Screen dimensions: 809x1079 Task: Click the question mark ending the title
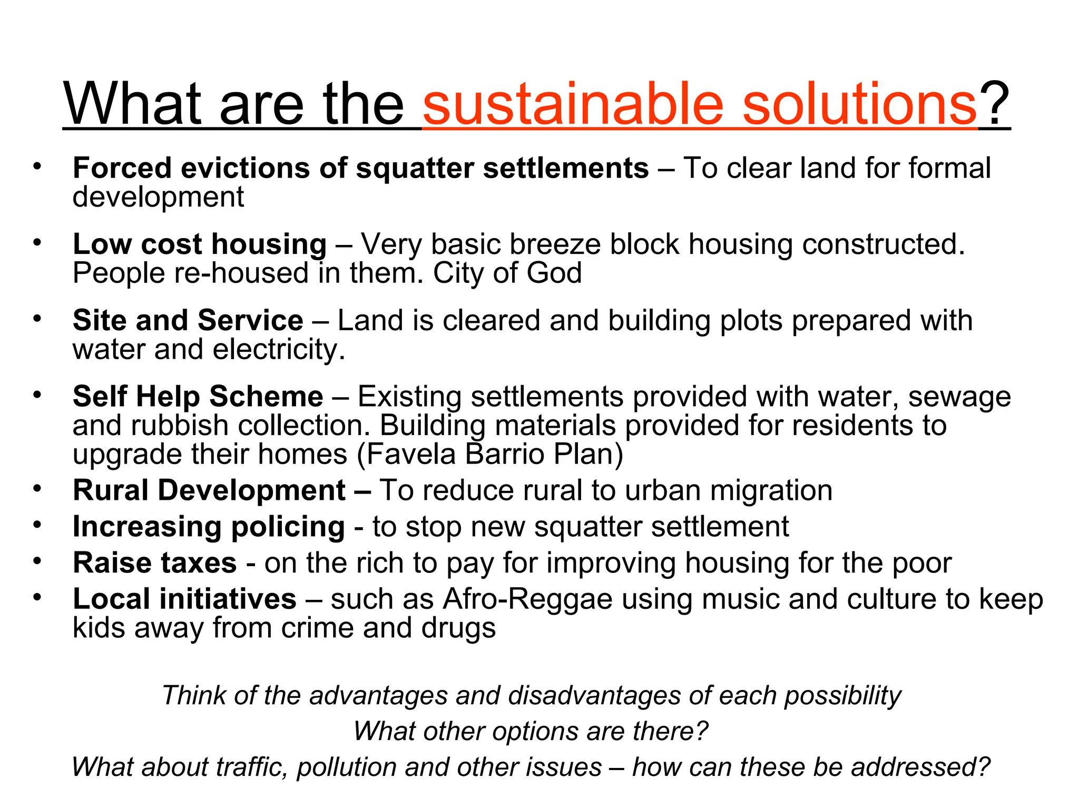click(x=995, y=104)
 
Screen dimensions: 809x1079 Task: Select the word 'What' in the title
click(x=132, y=104)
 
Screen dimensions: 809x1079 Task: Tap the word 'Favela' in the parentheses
click(x=411, y=454)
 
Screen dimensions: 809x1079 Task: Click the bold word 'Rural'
click(x=110, y=490)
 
